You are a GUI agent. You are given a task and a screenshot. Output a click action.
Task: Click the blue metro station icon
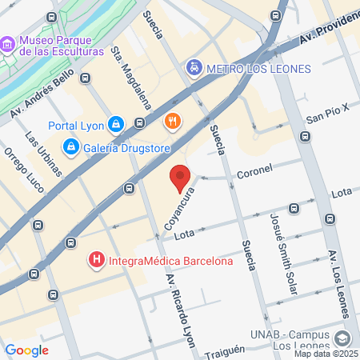[194, 67]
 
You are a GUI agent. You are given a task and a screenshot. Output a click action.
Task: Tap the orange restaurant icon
[171, 121]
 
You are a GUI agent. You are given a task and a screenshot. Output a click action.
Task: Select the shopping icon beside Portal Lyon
[116, 125]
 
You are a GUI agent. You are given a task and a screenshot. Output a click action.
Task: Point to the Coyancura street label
[179, 210]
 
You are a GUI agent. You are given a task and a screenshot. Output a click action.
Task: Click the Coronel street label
[254, 170]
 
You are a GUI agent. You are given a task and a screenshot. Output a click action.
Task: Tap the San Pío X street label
[329, 110]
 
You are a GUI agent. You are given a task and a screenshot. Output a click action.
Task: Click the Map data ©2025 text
[326, 354]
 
